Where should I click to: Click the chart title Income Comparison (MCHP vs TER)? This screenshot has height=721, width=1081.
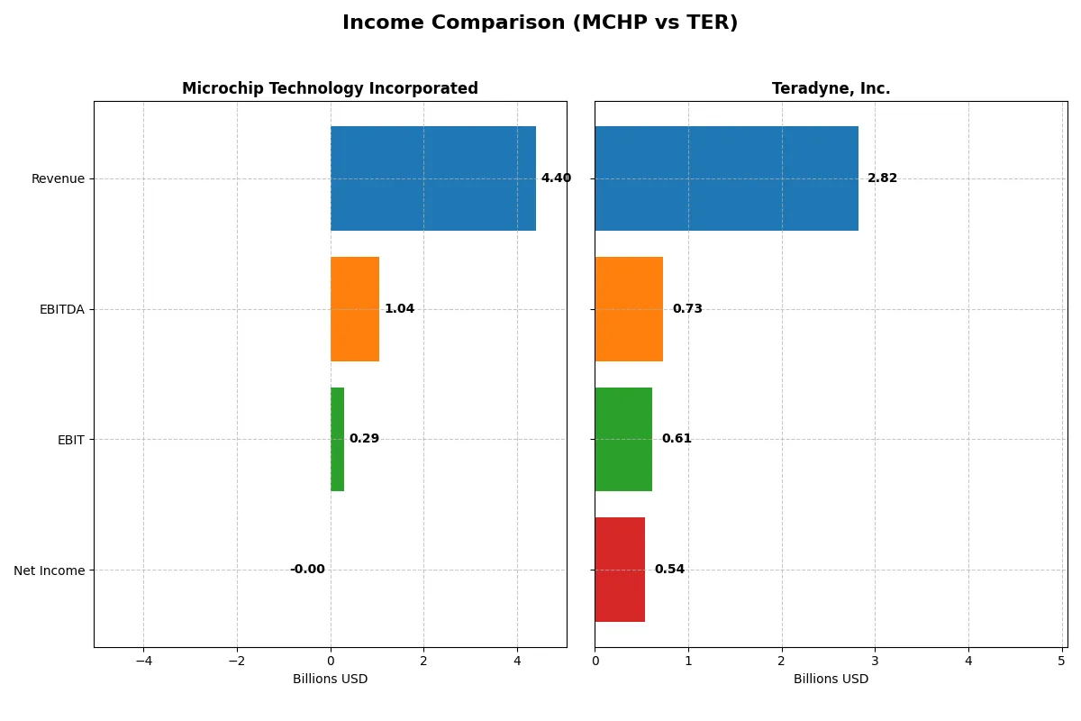540,23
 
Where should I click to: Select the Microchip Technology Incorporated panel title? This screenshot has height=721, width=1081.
330,88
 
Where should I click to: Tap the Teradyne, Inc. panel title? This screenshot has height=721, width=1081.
831,88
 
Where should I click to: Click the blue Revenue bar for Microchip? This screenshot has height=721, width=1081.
432,178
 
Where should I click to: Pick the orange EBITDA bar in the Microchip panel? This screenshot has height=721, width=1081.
354,309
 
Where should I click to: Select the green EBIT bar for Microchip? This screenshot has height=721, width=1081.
337,439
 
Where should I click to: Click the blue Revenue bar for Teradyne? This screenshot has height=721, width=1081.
726,178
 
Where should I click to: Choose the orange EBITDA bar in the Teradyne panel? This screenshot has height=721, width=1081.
629,309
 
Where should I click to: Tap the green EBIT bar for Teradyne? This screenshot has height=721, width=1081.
623,439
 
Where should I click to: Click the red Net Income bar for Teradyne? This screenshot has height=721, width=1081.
620,570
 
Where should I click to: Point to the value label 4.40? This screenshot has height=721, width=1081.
556,178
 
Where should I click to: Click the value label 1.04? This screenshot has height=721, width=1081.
399,309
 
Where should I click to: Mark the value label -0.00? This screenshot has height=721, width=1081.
307,570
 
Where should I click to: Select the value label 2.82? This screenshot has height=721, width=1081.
882,178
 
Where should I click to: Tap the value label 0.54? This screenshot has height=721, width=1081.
669,570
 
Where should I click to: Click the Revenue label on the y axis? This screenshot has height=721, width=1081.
58,178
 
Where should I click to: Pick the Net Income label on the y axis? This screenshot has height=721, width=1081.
50,570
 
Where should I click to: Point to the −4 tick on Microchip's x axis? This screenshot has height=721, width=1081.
143,661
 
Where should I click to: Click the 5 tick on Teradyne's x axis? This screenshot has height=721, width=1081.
1061,661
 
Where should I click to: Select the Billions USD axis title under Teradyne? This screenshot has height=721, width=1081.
831,679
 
